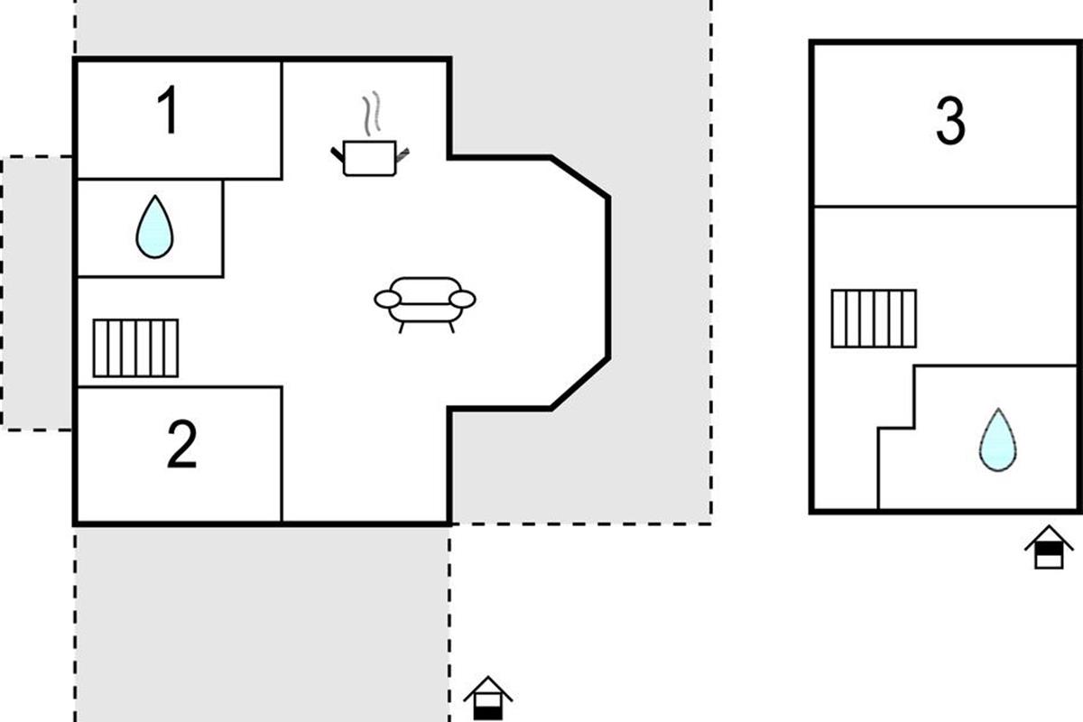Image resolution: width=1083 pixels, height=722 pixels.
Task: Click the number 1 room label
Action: point(169,112)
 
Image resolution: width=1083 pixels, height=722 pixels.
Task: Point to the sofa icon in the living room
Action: point(425,301)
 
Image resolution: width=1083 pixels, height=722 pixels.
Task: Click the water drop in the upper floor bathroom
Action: point(997,440)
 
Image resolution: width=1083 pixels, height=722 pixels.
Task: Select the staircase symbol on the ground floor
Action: point(135,347)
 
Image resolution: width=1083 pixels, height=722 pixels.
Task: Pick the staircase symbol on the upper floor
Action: point(873,318)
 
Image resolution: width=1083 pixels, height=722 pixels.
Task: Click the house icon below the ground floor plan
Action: point(487,699)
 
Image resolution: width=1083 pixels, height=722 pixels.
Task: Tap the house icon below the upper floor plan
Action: point(1048,548)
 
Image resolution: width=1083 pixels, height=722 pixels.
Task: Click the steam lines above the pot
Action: point(372,115)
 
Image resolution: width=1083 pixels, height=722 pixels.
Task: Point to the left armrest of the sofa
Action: point(387,298)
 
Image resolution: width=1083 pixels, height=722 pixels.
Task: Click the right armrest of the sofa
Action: point(462,298)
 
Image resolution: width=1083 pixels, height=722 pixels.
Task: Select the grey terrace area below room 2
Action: point(262,623)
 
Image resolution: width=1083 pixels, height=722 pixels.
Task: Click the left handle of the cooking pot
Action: point(338,154)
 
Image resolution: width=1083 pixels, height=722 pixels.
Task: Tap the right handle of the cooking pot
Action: point(403,154)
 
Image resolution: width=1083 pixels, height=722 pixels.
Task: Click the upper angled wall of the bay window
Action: point(579,176)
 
